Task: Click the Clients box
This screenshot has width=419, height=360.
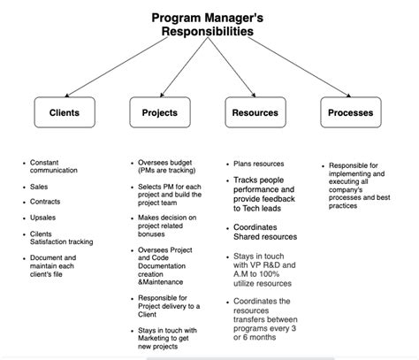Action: [x=65, y=112]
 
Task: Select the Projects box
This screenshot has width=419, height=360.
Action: [x=159, y=112]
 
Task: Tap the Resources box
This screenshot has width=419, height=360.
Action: [x=255, y=112]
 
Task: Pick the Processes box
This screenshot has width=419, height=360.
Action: [x=349, y=112]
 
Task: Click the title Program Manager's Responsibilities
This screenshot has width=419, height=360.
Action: [x=208, y=24]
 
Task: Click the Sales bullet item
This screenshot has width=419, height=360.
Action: [x=41, y=188]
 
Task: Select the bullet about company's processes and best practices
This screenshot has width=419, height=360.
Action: [x=358, y=185]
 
